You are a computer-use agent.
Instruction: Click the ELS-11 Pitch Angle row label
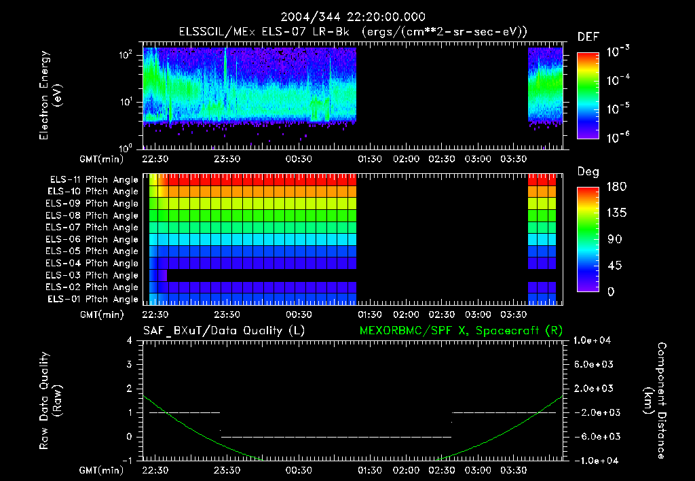coord(94,179)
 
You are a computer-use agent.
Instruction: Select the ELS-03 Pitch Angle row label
coord(94,275)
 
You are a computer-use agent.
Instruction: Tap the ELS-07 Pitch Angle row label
coord(94,227)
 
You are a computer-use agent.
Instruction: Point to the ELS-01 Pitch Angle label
coord(94,299)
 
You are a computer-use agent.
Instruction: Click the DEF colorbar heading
coord(588,37)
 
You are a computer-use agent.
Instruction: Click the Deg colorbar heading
coord(588,173)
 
